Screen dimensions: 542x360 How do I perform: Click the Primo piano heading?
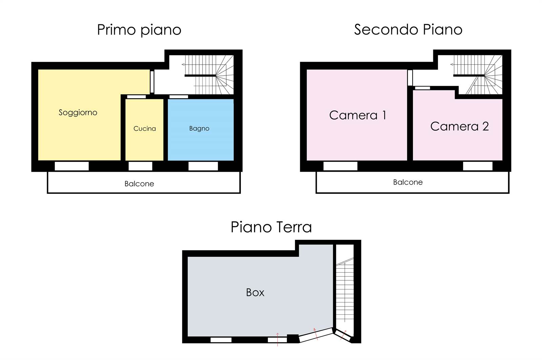[x=139, y=30]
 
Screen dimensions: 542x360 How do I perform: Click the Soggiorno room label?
[x=78, y=112]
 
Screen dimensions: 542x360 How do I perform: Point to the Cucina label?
[x=144, y=128]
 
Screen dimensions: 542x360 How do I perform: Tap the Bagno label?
[x=199, y=128]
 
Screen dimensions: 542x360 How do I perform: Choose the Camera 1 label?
[x=357, y=115]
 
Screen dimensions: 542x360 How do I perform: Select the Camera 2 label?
[x=459, y=126]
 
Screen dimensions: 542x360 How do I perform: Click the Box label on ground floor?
[x=255, y=293]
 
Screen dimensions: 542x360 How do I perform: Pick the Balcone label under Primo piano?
[x=139, y=184]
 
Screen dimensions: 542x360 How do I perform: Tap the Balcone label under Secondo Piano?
[x=408, y=182]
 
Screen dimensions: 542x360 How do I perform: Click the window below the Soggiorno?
[x=71, y=166]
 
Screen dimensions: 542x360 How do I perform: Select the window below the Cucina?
[x=140, y=166]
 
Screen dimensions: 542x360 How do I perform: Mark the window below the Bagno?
[x=203, y=166]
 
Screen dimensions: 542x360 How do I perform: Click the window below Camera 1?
[x=340, y=166]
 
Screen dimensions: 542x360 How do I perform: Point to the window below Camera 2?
[x=478, y=166]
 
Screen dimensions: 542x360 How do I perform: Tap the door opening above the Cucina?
[x=137, y=97]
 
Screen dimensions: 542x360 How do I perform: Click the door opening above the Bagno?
[x=179, y=97]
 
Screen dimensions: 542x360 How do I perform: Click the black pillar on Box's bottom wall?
[x=293, y=338]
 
